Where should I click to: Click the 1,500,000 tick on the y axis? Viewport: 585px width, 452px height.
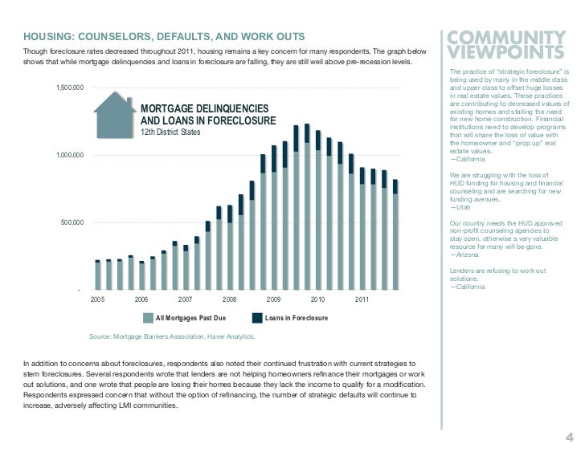(x=70, y=88)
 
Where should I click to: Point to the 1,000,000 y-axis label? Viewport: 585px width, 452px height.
(x=70, y=155)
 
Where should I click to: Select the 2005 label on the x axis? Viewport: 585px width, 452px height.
(x=97, y=299)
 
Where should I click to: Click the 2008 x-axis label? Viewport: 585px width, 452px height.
(x=229, y=299)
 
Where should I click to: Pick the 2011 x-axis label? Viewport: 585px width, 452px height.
(x=362, y=299)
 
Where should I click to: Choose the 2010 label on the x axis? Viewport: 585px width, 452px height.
(x=317, y=299)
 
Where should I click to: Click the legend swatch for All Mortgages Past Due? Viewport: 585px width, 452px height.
(x=147, y=319)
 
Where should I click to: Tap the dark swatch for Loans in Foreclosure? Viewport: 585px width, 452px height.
(x=258, y=319)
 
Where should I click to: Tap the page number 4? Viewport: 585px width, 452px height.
(x=569, y=438)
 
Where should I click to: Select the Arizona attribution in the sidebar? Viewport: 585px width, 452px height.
(x=465, y=255)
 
